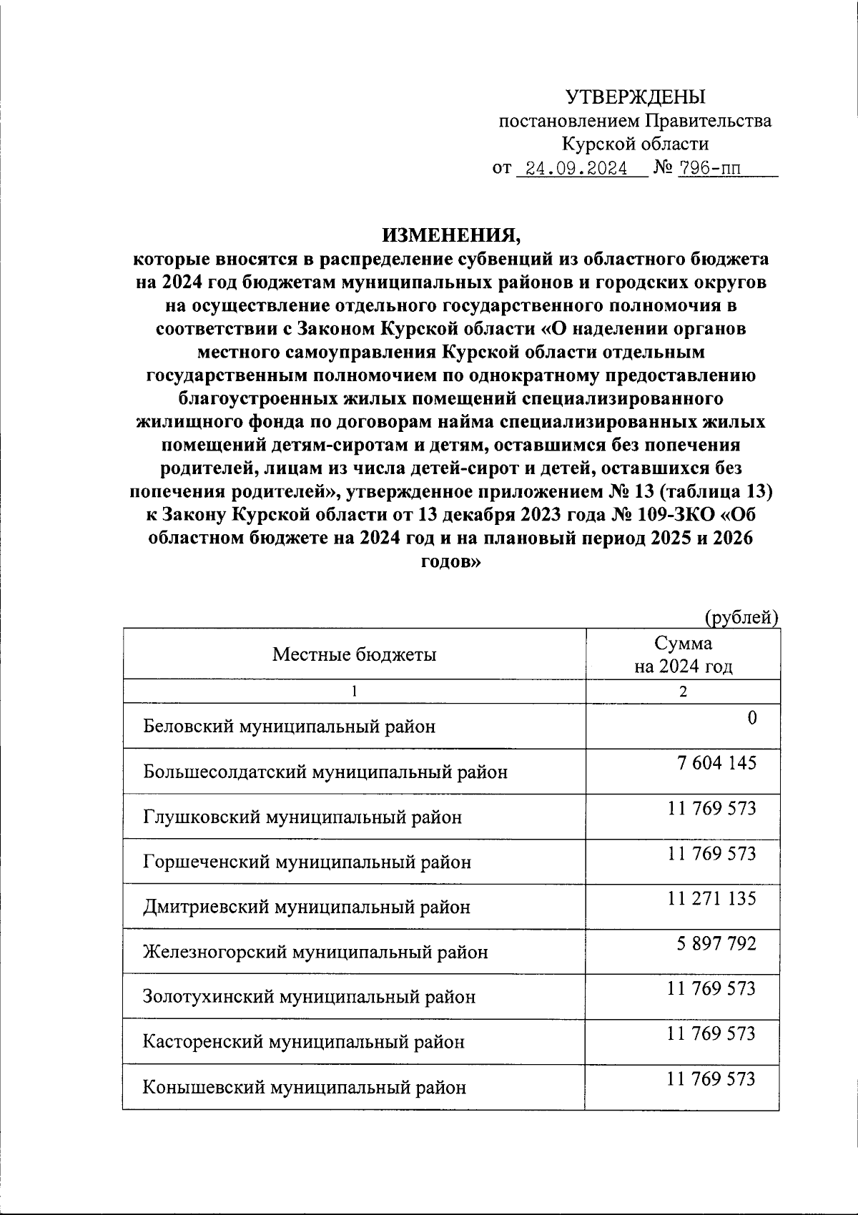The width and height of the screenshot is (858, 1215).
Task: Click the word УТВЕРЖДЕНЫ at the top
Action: (635, 97)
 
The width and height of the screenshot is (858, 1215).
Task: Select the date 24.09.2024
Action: (576, 169)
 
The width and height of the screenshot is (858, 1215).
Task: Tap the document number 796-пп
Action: (708, 169)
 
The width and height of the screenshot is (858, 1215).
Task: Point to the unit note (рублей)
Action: (741, 616)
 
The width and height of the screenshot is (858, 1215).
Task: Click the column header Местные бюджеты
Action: (354, 654)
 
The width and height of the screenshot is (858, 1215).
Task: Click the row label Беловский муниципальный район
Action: (290, 727)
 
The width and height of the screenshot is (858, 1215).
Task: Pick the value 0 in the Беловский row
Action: (751, 718)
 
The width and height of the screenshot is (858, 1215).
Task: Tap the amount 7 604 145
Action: (716, 763)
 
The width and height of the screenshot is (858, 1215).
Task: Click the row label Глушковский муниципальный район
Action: (302, 817)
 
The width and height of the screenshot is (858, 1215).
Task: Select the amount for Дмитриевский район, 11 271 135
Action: (711, 898)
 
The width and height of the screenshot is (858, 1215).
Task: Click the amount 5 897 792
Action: (716, 944)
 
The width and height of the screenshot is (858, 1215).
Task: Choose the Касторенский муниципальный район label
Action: (304, 1042)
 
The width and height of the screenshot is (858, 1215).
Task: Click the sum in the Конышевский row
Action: (711, 1078)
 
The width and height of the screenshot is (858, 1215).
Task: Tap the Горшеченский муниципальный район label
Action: (307, 862)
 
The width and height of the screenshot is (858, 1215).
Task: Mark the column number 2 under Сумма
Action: (683, 692)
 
